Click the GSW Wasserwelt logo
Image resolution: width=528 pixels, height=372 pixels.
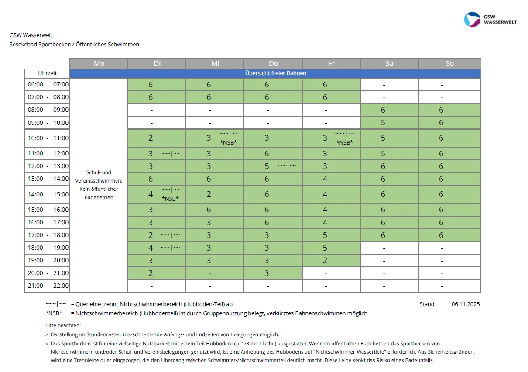490,20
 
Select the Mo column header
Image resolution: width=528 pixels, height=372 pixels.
99,63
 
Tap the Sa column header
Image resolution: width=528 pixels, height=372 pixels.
389,63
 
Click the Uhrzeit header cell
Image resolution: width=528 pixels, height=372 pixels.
47,73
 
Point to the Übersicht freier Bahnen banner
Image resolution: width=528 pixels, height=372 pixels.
275,73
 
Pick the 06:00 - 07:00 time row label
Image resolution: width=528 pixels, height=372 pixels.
48,85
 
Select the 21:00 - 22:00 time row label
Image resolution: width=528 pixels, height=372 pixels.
48,286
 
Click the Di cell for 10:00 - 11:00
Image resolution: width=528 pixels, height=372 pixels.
157,138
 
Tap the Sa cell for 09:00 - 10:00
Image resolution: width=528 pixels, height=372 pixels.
389,123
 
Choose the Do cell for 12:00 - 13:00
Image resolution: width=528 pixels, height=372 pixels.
273,166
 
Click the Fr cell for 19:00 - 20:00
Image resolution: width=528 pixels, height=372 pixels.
331,261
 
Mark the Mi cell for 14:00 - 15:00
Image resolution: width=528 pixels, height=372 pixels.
215,194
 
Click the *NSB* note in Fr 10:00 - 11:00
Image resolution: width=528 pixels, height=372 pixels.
344,142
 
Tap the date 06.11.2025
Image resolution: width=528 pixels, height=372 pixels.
466,304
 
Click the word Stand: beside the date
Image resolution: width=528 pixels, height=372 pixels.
427,304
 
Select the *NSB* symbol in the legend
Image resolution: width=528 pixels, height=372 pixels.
54,313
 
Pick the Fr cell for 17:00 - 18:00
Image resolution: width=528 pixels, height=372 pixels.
331,235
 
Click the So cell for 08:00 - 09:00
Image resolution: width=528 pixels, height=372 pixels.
449,110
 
